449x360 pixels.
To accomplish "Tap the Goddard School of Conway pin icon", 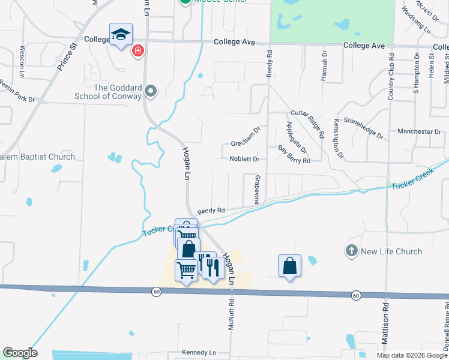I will click(151, 92).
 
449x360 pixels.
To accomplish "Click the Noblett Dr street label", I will click(244, 159).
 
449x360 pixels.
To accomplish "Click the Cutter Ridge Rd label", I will click(307, 123).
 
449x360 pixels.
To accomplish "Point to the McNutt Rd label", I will click(230, 315).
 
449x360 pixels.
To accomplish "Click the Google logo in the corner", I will click(19, 352).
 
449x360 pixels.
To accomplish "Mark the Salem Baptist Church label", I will click(37, 157).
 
